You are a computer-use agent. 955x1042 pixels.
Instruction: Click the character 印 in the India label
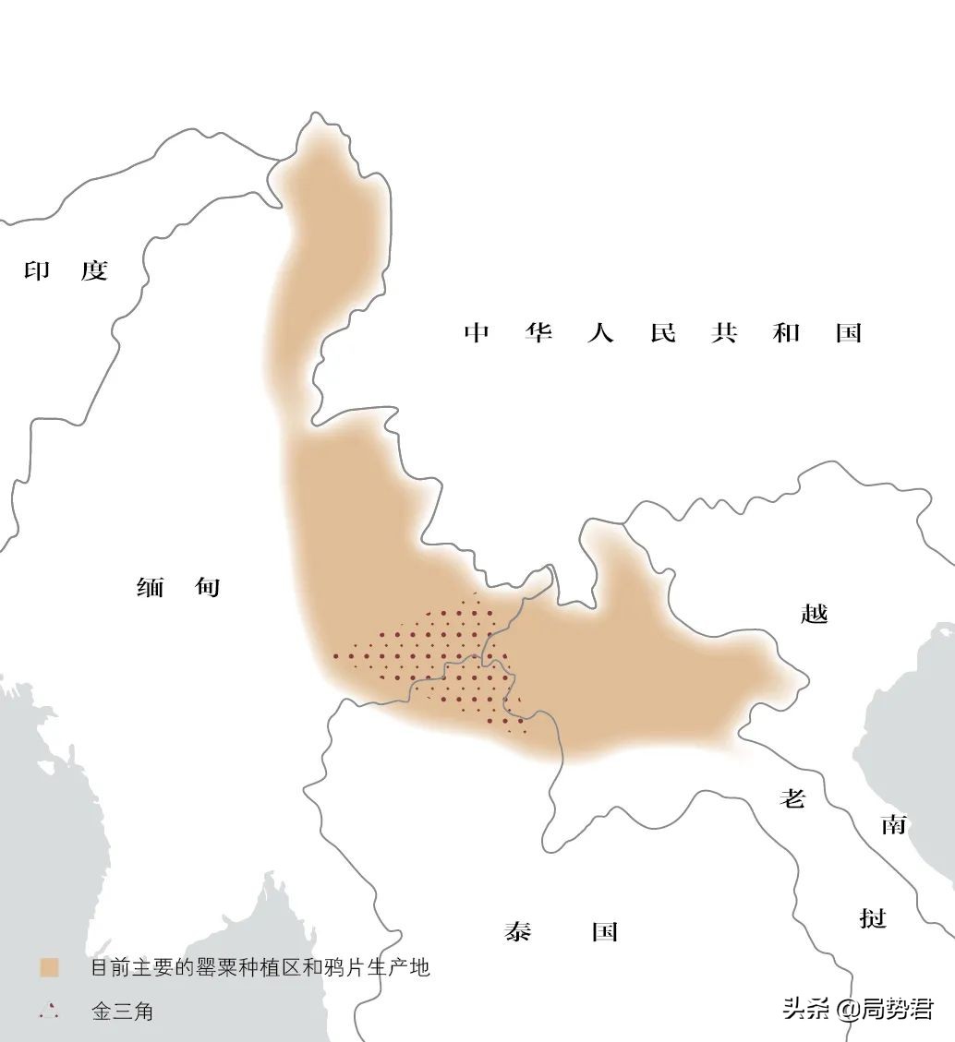(38, 269)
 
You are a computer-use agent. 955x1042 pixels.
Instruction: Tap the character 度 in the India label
(94, 269)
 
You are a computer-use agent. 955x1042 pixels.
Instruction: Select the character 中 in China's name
(477, 332)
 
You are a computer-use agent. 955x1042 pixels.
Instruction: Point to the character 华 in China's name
(538, 332)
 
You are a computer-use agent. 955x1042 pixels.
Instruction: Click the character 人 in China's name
(600, 332)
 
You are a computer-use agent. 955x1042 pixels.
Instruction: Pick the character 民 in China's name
(662, 332)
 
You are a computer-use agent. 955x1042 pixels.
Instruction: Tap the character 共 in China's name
(724, 332)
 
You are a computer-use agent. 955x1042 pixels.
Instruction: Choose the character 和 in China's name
(786, 332)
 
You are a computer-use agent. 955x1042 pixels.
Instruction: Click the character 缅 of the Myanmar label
(150, 586)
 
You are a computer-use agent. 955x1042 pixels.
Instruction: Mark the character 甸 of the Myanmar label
(207, 586)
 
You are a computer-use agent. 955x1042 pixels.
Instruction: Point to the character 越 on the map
(815, 613)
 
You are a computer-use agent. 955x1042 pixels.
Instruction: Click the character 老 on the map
(792, 797)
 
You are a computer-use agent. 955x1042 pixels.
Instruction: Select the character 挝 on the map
(873, 918)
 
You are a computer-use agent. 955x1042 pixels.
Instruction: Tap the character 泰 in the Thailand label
(518, 930)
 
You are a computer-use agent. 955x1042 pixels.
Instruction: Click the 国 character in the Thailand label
(604, 930)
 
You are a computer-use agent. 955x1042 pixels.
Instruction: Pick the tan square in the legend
(49, 967)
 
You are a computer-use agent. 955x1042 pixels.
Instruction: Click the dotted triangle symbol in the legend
(49, 1012)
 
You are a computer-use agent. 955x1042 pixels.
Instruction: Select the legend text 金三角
(122, 1012)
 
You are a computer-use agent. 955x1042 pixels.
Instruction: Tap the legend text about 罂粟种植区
(260, 967)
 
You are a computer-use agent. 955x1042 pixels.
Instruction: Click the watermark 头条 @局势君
(857, 1007)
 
